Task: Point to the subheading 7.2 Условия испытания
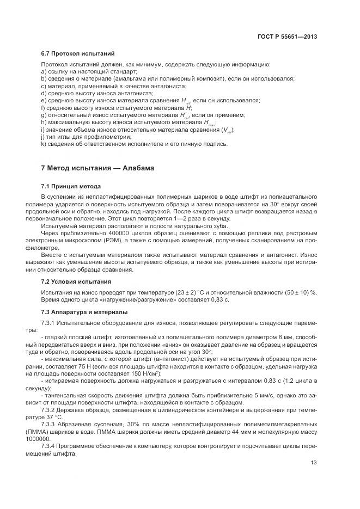click(76, 281)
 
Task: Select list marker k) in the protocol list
click(44, 144)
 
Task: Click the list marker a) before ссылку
click(44, 72)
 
